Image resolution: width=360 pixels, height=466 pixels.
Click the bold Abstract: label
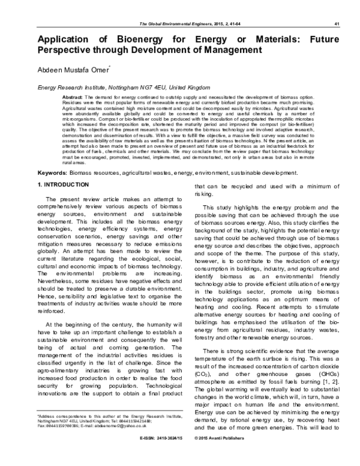pos(73,97)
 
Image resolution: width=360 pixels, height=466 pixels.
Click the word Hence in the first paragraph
pos(47,305)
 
